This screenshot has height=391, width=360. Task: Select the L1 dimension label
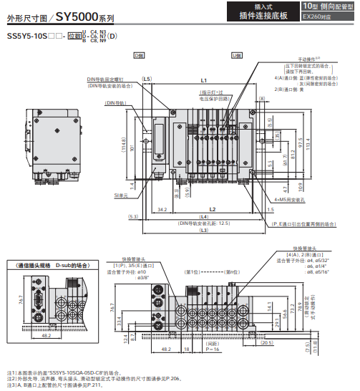[x=204, y=80]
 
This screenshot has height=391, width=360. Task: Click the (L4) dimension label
[x=204, y=216]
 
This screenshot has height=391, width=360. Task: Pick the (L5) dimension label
[x=147, y=79]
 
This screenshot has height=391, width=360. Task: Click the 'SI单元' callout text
[x=121, y=195]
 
